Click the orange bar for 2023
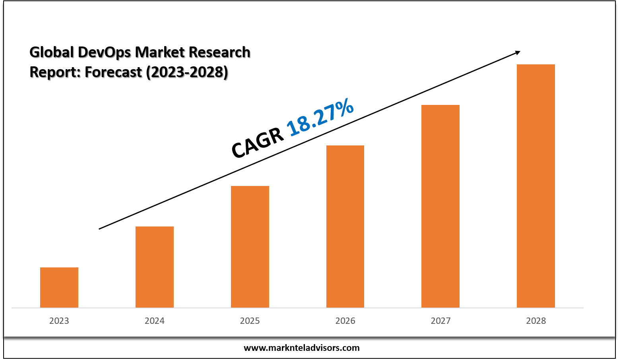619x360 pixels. (x=59, y=287)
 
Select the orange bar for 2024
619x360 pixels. (x=155, y=267)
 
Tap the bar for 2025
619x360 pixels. (x=250, y=246)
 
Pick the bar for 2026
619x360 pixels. (x=345, y=226)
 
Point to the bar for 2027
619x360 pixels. (x=440, y=206)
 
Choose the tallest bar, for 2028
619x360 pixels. (x=536, y=186)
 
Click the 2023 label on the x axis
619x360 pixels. (x=59, y=321)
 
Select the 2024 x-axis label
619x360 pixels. (x=155, y=321)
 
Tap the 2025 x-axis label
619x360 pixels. (x=250, y=321)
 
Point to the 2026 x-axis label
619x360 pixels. (x=345, y=321)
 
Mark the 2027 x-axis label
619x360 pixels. (x=440, y=321)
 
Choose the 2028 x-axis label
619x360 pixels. (x=536, y=321)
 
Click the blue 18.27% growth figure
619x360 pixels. (x=320, y=118)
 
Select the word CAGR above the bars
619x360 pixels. (x=258, y=144)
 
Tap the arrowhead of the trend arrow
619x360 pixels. (x=517, y=52)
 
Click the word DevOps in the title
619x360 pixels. (x=104, y=52)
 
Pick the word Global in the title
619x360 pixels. (x=52, y=52)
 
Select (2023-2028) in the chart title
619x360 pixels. (x=187, y=72)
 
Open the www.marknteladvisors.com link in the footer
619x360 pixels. (x=301, y=348)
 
